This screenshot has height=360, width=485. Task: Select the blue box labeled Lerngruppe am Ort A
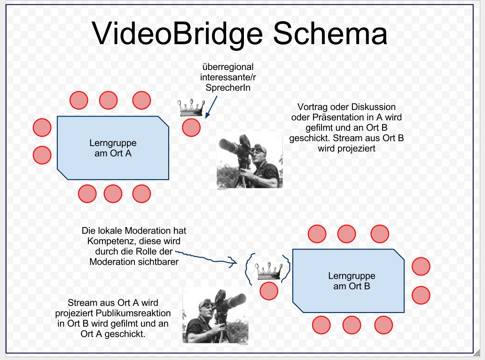pyautogui.click(x=113, y=148)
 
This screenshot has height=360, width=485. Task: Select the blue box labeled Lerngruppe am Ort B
pyautogui.click(x=348, y=281)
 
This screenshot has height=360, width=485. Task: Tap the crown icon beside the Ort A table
pyautogui.click(x=191, y=108)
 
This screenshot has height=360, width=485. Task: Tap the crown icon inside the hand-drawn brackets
pyautogui.click(x=267, y=271)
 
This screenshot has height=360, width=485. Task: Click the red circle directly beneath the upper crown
pyautogui.click(x=191, y=127)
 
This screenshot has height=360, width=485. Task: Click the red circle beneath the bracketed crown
pyautogui.click(x=269, y=291)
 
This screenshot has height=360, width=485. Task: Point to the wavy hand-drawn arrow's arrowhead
pyautogui.click(x=233, y=262)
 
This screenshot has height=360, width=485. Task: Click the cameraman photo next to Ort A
pyautogui.click(x=250, y=160)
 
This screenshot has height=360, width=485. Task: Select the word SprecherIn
pyautogui.click(x=227, y=87)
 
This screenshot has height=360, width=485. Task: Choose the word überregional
pyautogui.click(x=227, y=67)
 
